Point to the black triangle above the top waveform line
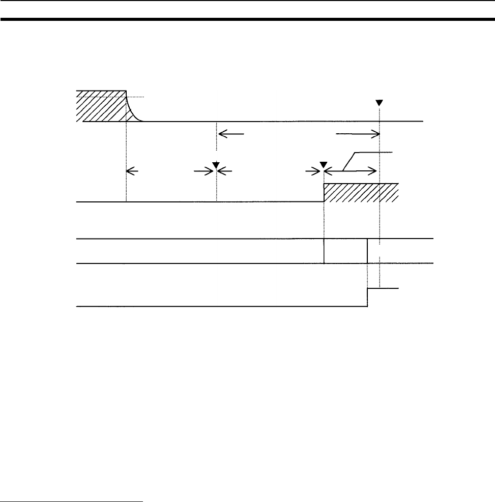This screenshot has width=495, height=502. pyautogui.click(x=379, y=103)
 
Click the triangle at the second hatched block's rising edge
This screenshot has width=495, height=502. pyautogui.click(x=323, y=165)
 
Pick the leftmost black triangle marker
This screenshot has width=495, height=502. pyautogui.click(x=216, y=164)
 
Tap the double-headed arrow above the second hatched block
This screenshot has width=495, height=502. pyautogui.click(x=351, y=172)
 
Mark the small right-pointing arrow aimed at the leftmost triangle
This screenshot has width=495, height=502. pyautogui.click(x=203, y=172)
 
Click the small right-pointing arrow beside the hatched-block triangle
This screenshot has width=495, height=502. pyautogui.click(x=312, y=172)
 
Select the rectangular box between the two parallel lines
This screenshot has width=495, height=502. pyautogui.click(x=345, y=251)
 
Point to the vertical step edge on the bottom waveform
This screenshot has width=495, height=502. pyautogui.click(x=368, y=298)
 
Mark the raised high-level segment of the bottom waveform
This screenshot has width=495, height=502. pyautogui.click(x=383, y=288)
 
